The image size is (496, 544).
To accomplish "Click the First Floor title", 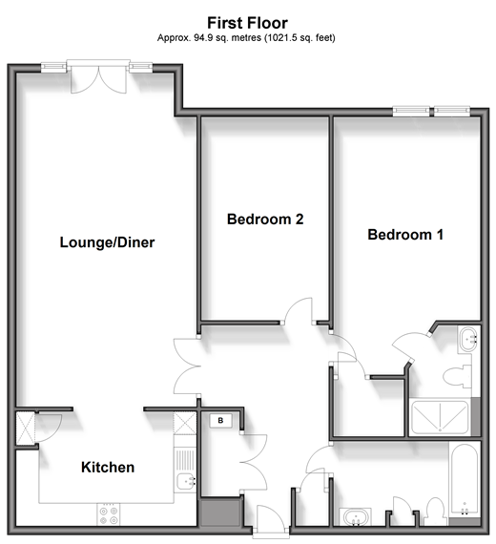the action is click(247, 23).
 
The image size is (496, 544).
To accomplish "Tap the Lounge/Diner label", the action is click(107, 242).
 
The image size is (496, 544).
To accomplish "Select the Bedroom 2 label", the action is click(265, 219).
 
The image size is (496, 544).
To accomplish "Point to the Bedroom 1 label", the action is click(405, 235).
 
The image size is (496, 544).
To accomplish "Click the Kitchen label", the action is click(108, 468).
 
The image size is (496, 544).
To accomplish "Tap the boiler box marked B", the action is click(220, 421).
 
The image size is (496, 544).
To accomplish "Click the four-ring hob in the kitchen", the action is click(109, 515).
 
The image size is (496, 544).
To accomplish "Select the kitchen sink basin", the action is click(186, 481).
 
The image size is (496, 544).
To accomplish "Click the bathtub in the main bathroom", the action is click(465, 480).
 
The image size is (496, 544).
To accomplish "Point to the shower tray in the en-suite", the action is click(440, 417).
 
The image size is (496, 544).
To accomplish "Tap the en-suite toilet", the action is click(458, 377).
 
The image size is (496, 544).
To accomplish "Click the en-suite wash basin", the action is click(469, 338).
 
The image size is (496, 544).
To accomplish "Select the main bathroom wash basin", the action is click(355, 517).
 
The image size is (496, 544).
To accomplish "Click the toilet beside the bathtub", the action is click(436, 512).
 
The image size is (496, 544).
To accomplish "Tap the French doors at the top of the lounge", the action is click(98, 77).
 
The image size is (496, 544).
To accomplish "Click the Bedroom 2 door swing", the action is click(299, 310).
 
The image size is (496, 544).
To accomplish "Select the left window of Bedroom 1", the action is click(411, 111).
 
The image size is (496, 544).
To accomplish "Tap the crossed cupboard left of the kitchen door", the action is click(26, 428).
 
